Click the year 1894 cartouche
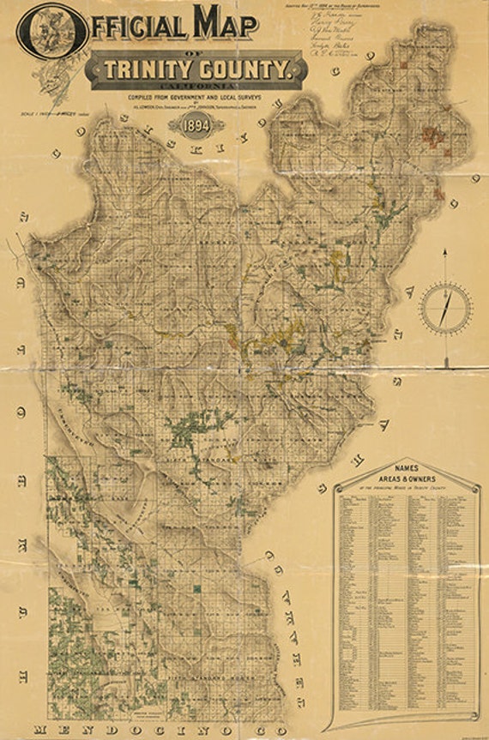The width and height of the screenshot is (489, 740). (x=196, y=125)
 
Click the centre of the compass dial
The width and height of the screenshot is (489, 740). (x=444, y=307)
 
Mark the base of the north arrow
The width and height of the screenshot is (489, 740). (x=444, y=366)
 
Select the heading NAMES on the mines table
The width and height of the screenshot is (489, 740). (x=406, y=467)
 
